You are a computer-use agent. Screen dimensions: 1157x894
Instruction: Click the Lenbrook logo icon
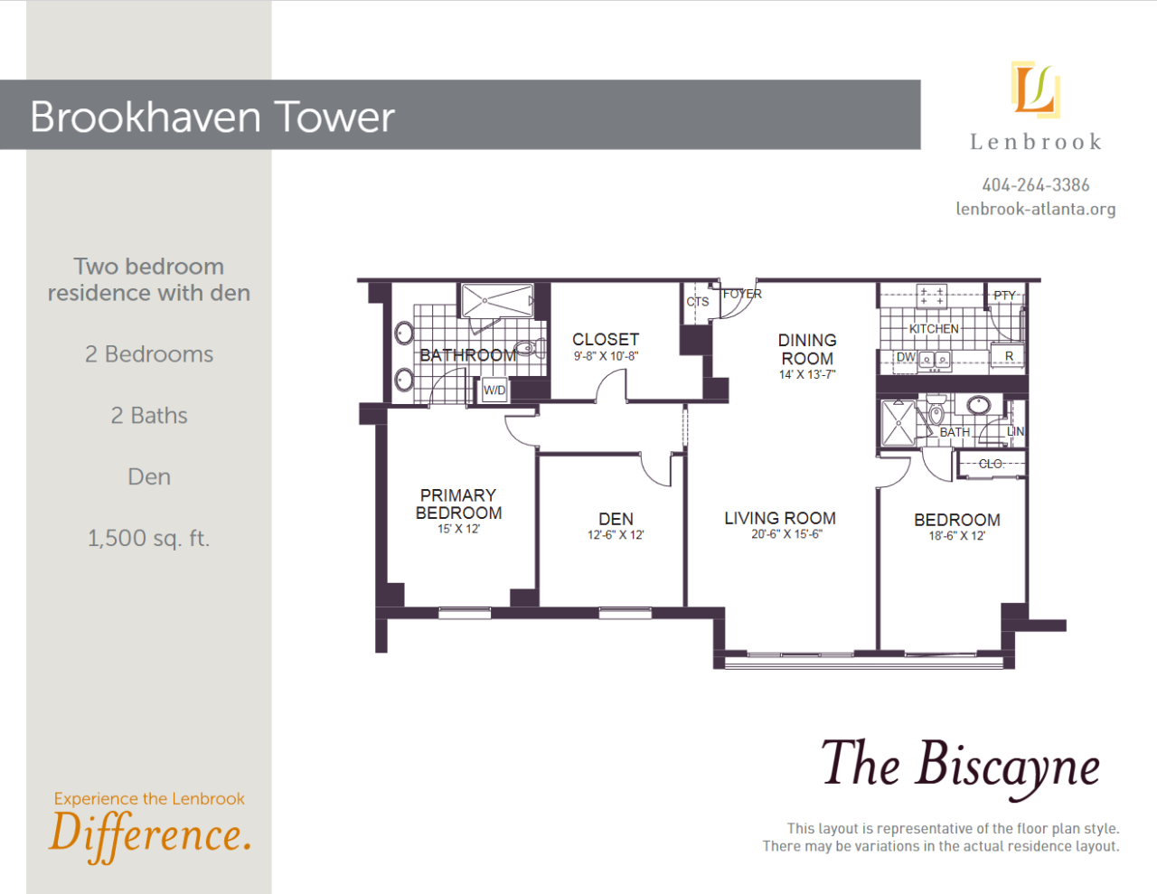pyautogui.click(x=1036, y=89)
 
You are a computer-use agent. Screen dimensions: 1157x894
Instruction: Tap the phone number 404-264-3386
pyautogui.click(x=1036, y=184)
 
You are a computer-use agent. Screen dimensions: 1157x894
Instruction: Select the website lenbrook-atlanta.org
pyautogui.click(x=1036, y=209)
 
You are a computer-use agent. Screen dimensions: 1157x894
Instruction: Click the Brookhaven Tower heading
pyautogui.click(x=212, y=117)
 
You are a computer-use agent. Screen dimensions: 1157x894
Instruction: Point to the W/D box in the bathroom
pyautogui.click(x=494, y=391)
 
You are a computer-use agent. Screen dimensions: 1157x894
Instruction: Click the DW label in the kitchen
pyautogui.click(x=906, y=357)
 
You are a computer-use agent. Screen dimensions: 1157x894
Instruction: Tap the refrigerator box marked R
pyautogui.click(x=1008, y=356)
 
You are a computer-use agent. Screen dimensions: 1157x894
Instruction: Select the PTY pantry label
pyautogui.click(x=1004, y=296)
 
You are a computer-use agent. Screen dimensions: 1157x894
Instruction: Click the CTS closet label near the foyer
pyautogui.click(x=698, y=302)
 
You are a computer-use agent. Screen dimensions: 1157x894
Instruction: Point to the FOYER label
pyautogui.click(x=742, y=294)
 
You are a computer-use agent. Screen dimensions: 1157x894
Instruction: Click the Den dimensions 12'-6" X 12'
pyautogui.click(x=616, y=534)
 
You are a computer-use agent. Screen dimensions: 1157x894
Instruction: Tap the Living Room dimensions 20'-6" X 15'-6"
pyautogui.click(x=786, y=533)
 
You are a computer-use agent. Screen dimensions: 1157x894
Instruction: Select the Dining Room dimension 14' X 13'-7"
pyautogui.click(x=807, y=374)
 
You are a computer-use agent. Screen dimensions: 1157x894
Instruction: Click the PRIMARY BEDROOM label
pyautogui.click(x=458, y=503)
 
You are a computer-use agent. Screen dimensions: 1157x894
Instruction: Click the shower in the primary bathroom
pyautogui.click(x=497, y=301)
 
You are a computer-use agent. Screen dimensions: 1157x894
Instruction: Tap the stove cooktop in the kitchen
pyautogui.click(x=932, y=296)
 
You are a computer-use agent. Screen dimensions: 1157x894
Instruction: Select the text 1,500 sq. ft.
pyautogui.click(x=148, y=539)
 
